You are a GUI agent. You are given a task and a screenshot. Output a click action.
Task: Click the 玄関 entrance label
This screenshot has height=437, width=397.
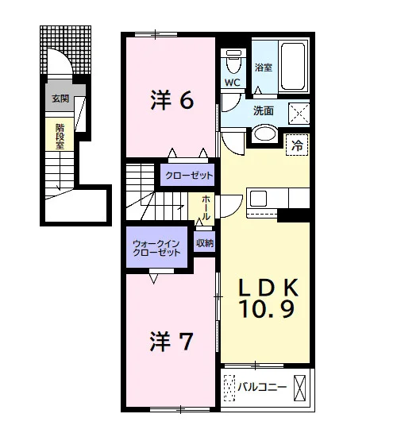[60, 99]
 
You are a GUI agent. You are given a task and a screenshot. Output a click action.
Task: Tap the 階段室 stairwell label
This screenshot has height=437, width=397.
[60, 137]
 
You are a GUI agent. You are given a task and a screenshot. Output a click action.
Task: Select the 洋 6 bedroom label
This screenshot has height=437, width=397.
[172, 100]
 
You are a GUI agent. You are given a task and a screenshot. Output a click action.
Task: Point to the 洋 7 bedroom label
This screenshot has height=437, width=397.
[171, 341]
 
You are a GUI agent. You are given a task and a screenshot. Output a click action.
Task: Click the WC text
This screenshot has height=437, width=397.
[233, 82]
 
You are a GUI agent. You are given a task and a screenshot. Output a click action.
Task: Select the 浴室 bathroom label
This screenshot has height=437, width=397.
[264, 68]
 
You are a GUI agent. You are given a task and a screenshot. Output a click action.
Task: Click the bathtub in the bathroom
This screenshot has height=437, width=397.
[292, 67]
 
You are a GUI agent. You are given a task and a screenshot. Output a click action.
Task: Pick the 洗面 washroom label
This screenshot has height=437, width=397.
[264, 110]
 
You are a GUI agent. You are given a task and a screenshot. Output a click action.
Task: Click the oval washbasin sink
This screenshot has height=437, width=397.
[265, 133]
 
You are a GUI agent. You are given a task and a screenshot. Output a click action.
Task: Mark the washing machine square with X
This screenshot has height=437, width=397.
[299, 114]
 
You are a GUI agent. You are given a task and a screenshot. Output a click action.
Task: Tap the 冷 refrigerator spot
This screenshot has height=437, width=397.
[297, 145]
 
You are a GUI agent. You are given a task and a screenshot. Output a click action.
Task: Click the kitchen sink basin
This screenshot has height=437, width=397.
[258, 198]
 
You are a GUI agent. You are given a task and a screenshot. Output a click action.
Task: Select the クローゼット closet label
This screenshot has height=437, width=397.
[189, 176]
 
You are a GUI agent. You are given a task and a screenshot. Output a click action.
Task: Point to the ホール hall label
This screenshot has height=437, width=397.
[206, 207]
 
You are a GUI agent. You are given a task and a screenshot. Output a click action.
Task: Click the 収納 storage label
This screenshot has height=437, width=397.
[205, 243]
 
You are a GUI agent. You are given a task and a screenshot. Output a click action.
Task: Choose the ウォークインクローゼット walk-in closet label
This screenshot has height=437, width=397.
[156, 248]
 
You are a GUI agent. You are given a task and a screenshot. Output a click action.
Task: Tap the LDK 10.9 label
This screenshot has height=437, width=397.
[268, 298]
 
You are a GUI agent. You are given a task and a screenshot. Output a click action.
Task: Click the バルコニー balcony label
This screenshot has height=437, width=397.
[262, 387]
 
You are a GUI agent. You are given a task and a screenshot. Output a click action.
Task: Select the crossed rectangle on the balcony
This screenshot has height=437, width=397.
[300, 388]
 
